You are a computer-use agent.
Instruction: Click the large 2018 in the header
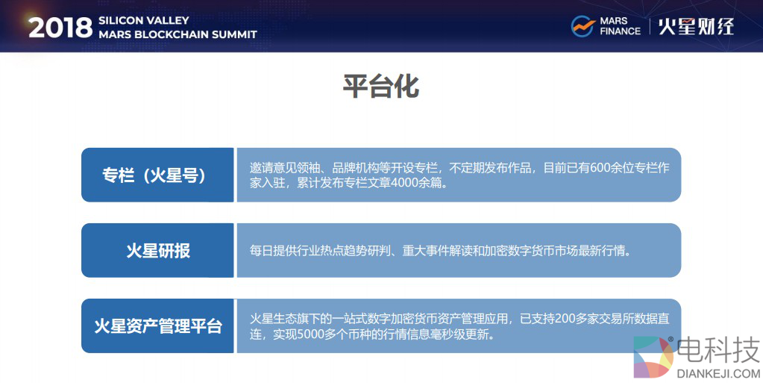click(60, 28)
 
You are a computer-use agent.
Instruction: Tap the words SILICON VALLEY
click(143, 20)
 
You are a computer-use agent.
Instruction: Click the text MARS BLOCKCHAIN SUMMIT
click(178, 34)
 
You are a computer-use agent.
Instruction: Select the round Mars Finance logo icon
click(583, 26)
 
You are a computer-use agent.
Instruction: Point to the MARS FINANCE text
click(620, 26)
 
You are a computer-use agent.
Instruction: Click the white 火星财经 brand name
click(696, 26)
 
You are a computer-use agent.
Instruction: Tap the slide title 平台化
click(381, 87)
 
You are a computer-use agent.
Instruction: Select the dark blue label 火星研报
click(157, 250)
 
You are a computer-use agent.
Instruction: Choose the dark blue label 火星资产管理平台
click(157, 326)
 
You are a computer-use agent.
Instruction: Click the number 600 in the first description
click(600, 168)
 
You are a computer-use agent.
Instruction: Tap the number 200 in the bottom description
click(565, 319)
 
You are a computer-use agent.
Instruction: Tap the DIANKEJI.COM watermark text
click(718, 374)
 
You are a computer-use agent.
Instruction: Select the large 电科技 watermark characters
click(718, 350)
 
